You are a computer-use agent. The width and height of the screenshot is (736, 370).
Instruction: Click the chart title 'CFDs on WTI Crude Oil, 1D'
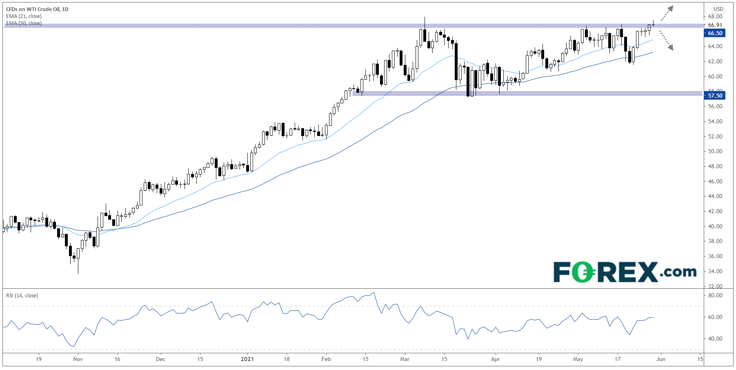[x=37, y=9]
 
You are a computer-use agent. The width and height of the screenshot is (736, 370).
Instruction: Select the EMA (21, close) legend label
[x=24, y=16]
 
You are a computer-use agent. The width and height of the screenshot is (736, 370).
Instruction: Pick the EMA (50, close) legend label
[x=24, y=23]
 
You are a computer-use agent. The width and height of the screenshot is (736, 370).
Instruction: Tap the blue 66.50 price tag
[x=715, y=33]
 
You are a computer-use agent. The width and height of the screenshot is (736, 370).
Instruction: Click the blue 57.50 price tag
[x=715, y=96]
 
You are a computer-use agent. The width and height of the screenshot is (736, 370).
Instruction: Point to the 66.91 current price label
[x=715, y=25]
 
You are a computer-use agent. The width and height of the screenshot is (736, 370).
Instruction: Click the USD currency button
[x=718, y=9]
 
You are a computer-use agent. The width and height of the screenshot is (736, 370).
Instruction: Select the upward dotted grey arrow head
[x=671, y=8]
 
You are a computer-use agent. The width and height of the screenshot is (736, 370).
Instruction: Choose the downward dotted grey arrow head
[x=670, y=48]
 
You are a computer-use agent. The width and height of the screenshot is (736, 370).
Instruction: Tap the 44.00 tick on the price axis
[x=715, y=196]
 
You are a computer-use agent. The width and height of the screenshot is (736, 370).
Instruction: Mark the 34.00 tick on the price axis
[x=715, y=271]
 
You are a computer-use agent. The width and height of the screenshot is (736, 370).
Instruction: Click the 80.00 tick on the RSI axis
[x=715, y=295]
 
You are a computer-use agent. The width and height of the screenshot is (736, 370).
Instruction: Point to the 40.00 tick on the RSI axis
[x=715, y=339]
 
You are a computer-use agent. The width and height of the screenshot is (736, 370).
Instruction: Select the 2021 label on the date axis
[x=247, y=359]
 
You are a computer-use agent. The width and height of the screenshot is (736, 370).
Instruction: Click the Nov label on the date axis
[x=78, y=359]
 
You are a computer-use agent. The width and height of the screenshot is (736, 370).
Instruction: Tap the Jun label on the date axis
[x=661, y=359]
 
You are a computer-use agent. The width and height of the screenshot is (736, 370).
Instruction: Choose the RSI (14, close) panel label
[x=22, y=296]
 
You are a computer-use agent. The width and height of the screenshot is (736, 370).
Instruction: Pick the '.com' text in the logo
[x=678, y=272]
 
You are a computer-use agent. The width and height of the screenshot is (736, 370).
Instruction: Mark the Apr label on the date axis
[x=495, y=359]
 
